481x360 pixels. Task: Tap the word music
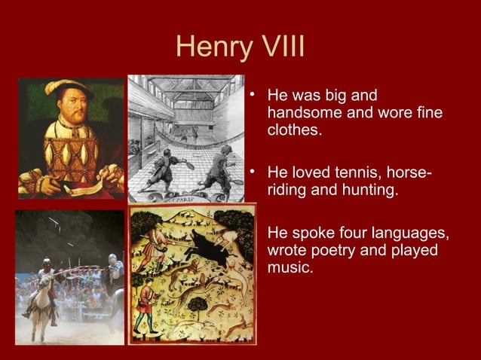point(288,266)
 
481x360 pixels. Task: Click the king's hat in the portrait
point(67,87)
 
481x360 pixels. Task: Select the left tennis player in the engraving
point(161,165)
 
